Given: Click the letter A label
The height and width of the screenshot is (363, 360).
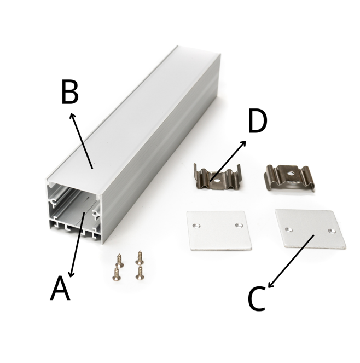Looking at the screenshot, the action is click(x=60, y=288).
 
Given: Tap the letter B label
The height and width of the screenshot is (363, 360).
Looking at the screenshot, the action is click(x=70, y=91).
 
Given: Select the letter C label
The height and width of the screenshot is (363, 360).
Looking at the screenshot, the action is click(x=257, y=299).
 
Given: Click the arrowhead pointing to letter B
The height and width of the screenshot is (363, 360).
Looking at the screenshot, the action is click(x=72, y=116).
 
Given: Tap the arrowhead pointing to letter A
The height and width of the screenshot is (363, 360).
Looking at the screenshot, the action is click(x=72, y=274).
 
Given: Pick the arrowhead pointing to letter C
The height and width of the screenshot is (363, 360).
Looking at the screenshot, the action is click(x=271, y=285).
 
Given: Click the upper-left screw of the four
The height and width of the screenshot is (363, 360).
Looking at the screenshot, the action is click(x=119, y=260).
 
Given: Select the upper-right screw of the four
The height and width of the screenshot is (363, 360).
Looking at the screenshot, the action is click(x=140, y=257).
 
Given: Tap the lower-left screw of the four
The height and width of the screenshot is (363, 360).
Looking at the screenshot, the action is click(x=116, y=274).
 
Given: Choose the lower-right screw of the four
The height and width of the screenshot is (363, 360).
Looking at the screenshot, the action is click(x=140, y=273).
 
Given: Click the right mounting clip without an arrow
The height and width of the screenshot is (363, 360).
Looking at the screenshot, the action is click(x=289, y=177).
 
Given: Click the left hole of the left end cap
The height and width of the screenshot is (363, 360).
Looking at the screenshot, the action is click(x=196, y=226).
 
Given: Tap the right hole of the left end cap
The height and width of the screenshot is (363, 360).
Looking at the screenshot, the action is click(x=237, y=225).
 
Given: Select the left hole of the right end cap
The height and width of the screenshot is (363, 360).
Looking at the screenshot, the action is click(x=288, y=229).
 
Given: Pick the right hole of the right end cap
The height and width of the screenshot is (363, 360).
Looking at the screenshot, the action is click(x=332, y=231).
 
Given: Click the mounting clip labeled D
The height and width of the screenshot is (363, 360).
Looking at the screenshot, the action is click(x=217, y=177).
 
